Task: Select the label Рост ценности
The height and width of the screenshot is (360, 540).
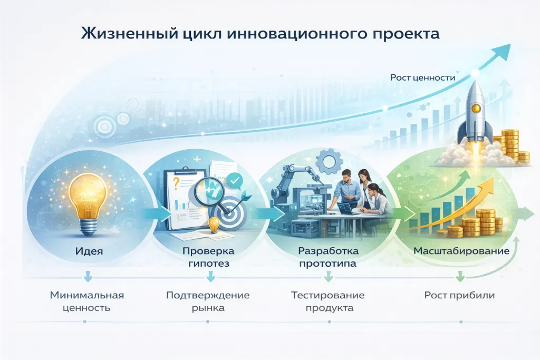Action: point(422,77)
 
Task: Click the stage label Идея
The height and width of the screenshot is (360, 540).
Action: point(88,251)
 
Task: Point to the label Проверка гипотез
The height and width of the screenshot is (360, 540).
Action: point(208,257)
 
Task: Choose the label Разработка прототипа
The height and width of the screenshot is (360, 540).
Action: point(328,257)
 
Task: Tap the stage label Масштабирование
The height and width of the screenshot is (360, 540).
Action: point(461,251)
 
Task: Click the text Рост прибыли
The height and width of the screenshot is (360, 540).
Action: point(459,295)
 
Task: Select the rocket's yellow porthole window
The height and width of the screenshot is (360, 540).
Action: point(476,109)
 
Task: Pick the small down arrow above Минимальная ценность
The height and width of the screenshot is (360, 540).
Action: point(88,276)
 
